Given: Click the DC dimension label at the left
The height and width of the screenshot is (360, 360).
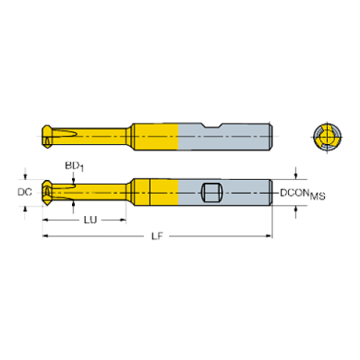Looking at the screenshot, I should click(x=24, y=192).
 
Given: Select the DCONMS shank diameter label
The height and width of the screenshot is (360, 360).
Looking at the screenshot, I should click(x=302, y=194).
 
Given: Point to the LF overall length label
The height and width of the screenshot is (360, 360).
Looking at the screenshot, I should click(x=156, y=237).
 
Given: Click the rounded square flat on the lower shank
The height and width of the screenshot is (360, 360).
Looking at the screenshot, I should click(x=212, y=193).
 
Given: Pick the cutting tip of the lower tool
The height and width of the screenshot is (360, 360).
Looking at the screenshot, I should click(x=46, y=192).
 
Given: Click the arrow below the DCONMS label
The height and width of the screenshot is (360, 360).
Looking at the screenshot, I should click(x=295, y=212).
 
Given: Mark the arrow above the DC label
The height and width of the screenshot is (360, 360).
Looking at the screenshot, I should click(x=26, y=176).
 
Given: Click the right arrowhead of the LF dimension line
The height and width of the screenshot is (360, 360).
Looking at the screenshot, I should click(x=269, y=237).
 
